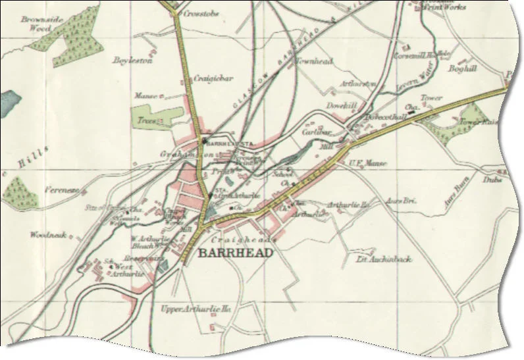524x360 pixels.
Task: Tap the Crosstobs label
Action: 200,13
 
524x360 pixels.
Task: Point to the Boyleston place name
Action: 132,60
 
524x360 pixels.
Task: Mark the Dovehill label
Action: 340,105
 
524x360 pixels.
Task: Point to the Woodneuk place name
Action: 47,234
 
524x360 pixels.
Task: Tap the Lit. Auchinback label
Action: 384,259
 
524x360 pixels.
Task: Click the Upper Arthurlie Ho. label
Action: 198,309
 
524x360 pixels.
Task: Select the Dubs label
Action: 492,179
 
